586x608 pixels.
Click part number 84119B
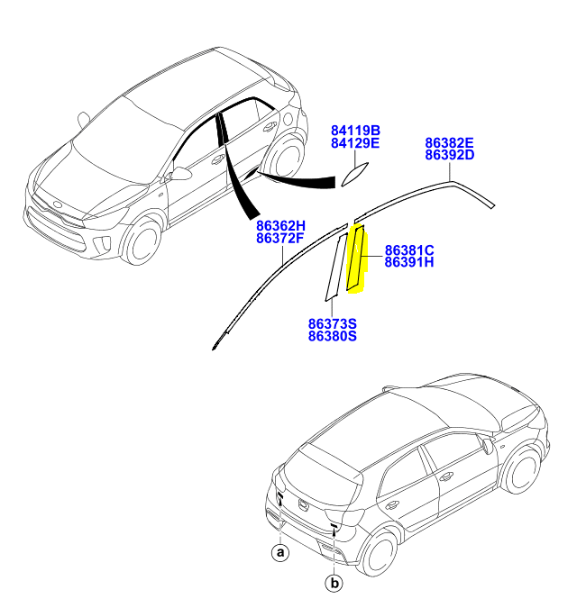(355, 131)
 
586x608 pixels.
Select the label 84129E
(355, 143)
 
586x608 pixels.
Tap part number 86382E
(449, 142)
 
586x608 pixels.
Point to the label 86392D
(449, 155)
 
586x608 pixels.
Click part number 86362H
(280, 226)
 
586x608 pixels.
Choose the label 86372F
(279, 238)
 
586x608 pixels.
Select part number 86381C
(409, 250)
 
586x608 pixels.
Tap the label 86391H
(409, 262)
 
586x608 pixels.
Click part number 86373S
(333, 323)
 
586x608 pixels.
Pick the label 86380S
(333, 336)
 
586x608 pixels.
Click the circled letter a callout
(280, 552)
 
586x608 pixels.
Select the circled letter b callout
(334, 583)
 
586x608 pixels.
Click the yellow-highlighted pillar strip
(356, 259)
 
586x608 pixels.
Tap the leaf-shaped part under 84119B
(354, 174)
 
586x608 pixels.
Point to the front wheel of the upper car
(141, 240)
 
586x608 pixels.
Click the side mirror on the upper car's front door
(180, 173)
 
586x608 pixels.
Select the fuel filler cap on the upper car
(288, 118)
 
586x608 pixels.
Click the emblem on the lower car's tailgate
(303, 504)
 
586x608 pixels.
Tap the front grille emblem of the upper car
(58, 204)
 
